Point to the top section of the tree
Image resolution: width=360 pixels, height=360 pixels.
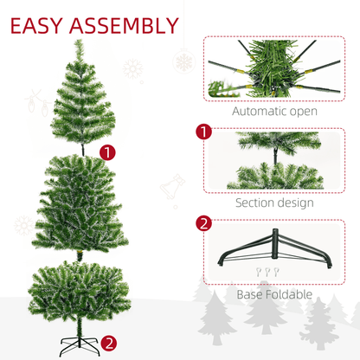click(79, 100)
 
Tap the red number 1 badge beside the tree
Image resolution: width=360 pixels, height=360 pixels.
click(107, 152)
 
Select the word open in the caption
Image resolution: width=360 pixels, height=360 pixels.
click(303, 112)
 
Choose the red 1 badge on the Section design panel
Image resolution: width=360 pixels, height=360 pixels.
click(203, 133)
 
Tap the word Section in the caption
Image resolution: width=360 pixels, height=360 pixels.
click(259, 203)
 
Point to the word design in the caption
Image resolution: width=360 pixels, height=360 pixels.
click(299, 203)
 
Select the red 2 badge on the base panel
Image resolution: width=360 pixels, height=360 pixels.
click(203, 224)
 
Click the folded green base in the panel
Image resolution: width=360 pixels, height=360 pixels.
click(276, 250)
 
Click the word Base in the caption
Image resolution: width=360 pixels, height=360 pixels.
click(252, 294)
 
